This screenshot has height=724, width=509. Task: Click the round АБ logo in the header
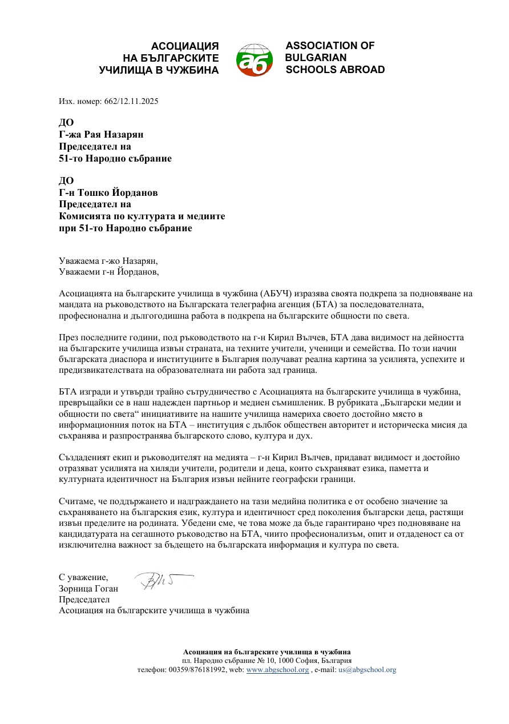(254, 59)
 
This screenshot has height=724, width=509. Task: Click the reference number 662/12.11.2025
(131, 101)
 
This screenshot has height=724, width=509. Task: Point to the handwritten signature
(162, 581)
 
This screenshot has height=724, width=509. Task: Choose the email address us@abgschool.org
(367, 670)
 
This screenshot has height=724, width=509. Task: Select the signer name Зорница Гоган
(88, 589)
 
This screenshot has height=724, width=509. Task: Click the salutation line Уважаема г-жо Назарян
(108, 260)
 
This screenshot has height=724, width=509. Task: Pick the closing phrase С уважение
(83, 577)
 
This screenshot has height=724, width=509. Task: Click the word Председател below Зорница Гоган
(84, 600)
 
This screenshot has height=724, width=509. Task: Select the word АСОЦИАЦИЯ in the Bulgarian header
(185, 46)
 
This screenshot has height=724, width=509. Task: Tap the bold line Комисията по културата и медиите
(142, 216)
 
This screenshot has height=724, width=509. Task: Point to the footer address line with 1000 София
(266, 661)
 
